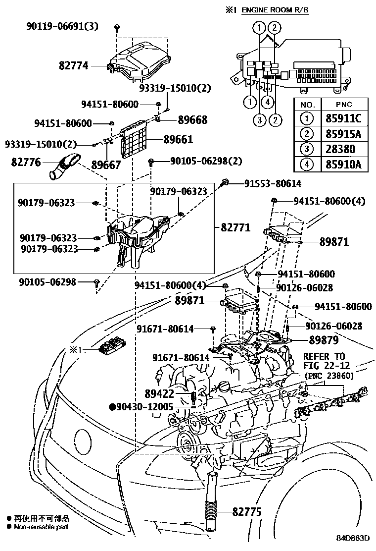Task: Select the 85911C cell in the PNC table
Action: tap(344, 119)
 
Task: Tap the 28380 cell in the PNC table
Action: tap(344, 149)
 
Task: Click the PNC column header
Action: tap(344, 105)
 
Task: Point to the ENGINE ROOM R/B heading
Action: tap(278, 9)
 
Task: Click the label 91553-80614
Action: tap(272, 183)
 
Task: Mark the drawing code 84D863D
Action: tap(353, 539)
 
